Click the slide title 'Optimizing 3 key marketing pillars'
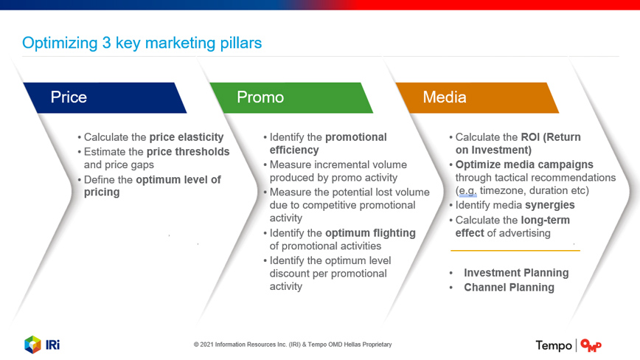pyautogui.click(x=142, y=44)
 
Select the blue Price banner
pyautogui.click(x=105, y=98)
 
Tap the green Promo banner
pyautogui.click(x=291, y=98)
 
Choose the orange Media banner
pyautogui.click(x=477, y=98)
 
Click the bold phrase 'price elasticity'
pyautogui.click(x=187, y=137)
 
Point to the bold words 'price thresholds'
pyautogui.click(x=188, y=152)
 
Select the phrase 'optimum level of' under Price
pyautogui.click(x=178, y=179)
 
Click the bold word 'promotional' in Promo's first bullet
pyautogui.click(x=356, y=137)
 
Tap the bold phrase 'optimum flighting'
pyautogui.click(x=370, y=233)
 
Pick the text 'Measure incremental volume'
pyautogui.click(x=338, y=165)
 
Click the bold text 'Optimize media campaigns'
pyautogui.click(x=524, y=165)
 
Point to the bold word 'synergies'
pyautogui.click(x=550, y=205)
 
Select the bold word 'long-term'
pyautogui.click(x=546, y=220)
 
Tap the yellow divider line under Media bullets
pyautogui.click(x=515, y=250)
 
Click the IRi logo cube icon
pyautogui.click(x=32, y=345)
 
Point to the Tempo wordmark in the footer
pyautogui.click(x=554, y=346)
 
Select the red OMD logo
pyautogui.click(x=591, y=345)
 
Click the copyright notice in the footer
pyautogui.click(x=293, y=345)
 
